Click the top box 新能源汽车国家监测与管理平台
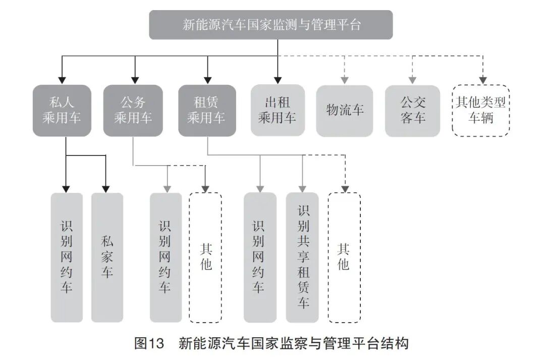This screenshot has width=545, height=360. click(x=271, y=25)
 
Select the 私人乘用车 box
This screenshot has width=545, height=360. click(x=62, y=110)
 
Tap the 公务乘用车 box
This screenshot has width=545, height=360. click(x=133, y=110)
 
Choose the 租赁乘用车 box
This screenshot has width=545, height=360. click(x=207, y=110)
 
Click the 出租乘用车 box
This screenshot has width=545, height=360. click(x=278, y=110)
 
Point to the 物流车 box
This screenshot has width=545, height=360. click(x=345, y=111)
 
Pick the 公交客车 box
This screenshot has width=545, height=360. click(x=412, y=111)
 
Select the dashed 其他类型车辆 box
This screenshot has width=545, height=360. click(x=481, y=111)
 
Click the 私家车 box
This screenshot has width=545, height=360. click(x=107, y=257)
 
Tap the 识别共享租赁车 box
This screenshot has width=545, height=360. click(x=302, y=257)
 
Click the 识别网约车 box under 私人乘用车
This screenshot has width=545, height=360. click(x=67, y=257)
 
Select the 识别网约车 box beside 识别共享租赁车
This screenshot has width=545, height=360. click(x=260, y=257)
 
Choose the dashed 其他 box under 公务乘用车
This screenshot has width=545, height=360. click(x=205, y=257)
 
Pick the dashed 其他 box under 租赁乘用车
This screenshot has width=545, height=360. click(x=344, y=257)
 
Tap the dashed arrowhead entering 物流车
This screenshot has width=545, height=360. click(x=345, y=80)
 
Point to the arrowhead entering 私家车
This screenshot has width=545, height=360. click(x=106, y=188)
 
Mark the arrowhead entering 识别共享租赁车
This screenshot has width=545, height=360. click(x=302, y=188)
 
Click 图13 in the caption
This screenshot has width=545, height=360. click(x=149, y=344)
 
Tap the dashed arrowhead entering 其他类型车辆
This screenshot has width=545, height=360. click(x=482, y=80)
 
